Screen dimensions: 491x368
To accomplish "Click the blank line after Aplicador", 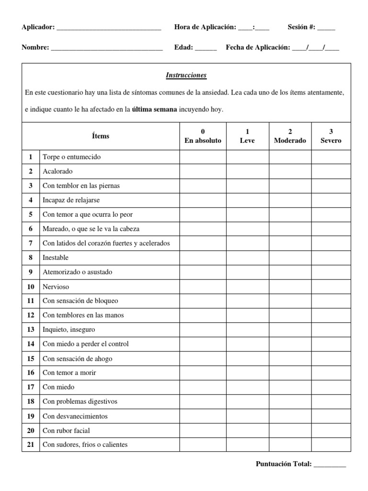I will [109, 28].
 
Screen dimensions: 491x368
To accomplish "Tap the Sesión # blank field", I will [326, 28].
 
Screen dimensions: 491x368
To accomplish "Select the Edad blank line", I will [206, 48].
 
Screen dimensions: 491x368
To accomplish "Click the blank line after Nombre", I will [106, 48].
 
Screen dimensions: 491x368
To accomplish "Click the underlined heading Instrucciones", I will [186, 75].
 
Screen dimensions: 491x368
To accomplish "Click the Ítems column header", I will [101, 136].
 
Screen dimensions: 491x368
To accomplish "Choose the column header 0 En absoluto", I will [203, 136].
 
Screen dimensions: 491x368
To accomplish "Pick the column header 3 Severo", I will [331, 136].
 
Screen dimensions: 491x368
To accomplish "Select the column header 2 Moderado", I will [290, 136].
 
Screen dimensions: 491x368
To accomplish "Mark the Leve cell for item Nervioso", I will [247, 286].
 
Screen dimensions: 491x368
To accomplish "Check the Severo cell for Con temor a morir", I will [331, 373].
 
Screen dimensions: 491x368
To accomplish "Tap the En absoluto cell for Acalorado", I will [203, 171].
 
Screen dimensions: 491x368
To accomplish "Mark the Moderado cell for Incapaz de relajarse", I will [290, 200].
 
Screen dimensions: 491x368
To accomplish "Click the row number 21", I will [31, 444].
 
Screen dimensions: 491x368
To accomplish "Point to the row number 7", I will [31, 243].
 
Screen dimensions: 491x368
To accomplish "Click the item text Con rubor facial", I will [66, 430].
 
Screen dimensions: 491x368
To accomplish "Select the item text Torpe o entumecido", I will [71, 157].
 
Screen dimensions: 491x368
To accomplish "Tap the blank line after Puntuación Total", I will [330, 464].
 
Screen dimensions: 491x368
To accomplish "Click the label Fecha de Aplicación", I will [258, 47].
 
